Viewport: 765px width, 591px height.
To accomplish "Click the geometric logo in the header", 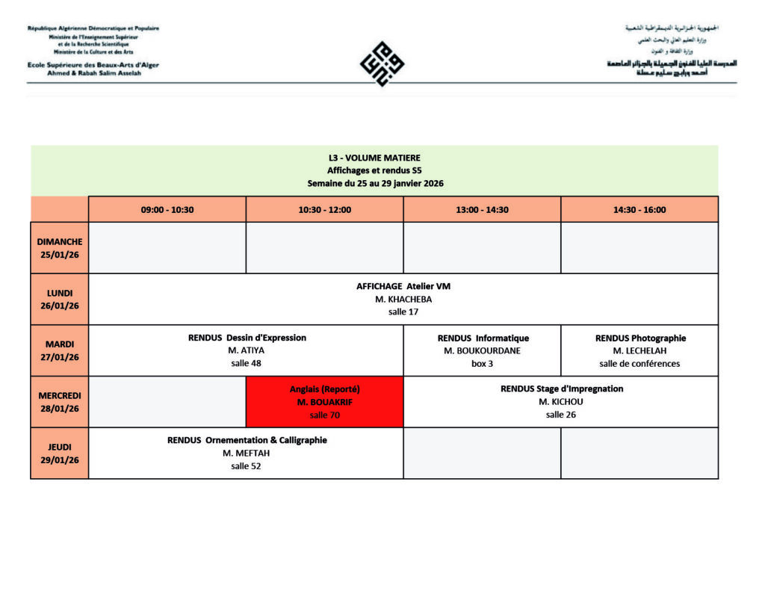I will coord(382,64).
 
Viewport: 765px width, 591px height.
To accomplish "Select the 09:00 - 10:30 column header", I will coord(167,210).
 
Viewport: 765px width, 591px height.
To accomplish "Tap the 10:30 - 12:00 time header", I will coord(324,210).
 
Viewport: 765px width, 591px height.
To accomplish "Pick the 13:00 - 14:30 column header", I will coord(482,210).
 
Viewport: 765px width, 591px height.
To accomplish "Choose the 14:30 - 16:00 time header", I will coord(639,210).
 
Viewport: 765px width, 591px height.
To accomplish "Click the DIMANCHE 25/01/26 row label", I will coord(60,248).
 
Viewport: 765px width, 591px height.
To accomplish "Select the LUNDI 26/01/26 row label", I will coord(60,299).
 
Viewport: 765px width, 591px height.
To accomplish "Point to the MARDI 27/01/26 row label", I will coord(60,350).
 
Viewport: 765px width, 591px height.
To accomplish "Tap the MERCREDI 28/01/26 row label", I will coord(60,402).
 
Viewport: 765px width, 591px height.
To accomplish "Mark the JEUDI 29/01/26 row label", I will coord(60,453).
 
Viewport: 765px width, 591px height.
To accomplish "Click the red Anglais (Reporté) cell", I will coord(324,402).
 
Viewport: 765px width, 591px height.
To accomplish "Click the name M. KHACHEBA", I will coord(403,300).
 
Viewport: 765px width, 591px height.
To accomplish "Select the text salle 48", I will coord(246,364).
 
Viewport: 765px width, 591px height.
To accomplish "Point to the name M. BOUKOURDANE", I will coord(482,351).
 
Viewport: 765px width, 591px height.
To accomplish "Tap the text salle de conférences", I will coord(639,364).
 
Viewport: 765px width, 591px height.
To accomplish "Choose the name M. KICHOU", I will coord(561,402).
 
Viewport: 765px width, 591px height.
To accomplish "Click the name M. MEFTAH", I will coord(246,454).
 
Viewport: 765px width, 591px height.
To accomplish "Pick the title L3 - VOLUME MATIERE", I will coord(374,158).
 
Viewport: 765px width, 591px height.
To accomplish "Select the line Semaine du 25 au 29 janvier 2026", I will coord(374,183).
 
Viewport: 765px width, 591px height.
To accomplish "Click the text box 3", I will coord(482,364).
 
